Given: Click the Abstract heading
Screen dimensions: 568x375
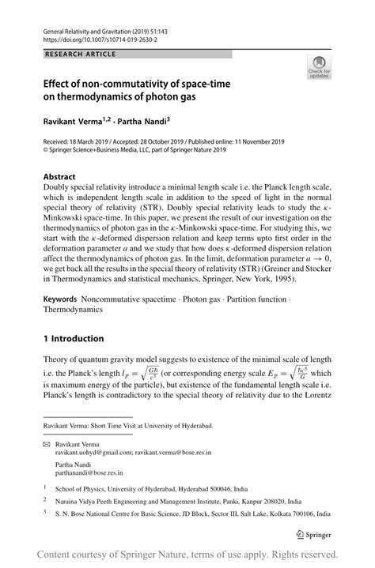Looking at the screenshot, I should [59, 177].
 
